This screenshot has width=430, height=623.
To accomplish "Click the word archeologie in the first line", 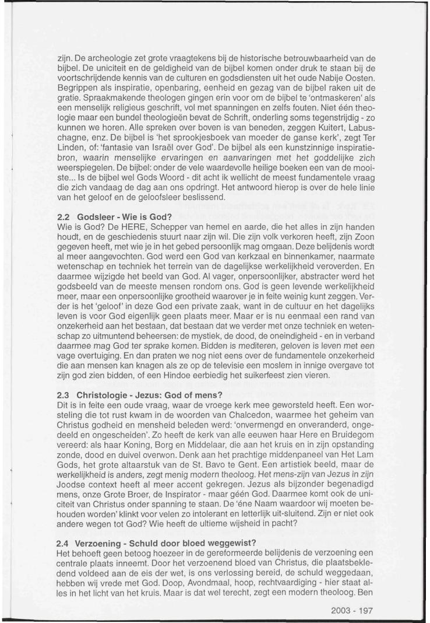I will click(107, 59).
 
